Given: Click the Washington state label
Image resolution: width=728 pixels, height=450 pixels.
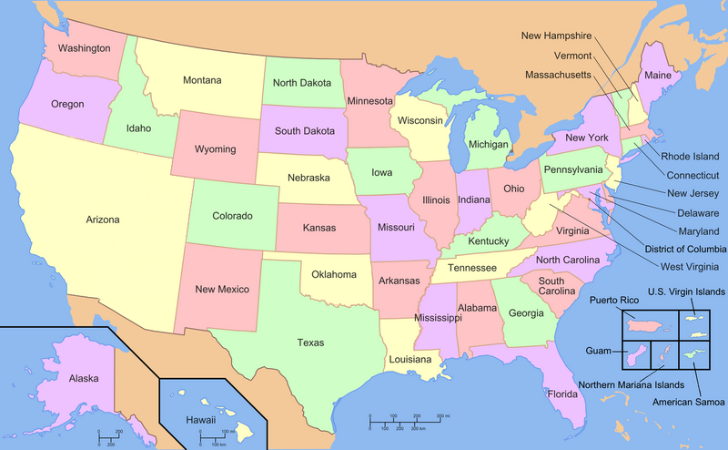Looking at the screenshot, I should pyautogui.click(x=84, y=47).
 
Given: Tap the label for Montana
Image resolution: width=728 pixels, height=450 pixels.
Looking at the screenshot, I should pyautogui.click(x=201, y=80).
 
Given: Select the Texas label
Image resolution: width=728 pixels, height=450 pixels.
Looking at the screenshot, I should pyautogui.click(x=310, y=343).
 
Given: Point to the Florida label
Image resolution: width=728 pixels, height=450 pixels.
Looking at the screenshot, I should pyautogui.click(x=561, y=394).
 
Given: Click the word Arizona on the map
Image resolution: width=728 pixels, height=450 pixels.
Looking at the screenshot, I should pyautogui.click(x=103, y=220).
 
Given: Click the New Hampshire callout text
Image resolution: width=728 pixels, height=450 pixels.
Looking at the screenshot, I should pyautogui.click(x=556, y=36).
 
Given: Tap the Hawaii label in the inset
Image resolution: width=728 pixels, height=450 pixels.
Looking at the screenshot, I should pyautogui.click(x=200, y=420).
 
